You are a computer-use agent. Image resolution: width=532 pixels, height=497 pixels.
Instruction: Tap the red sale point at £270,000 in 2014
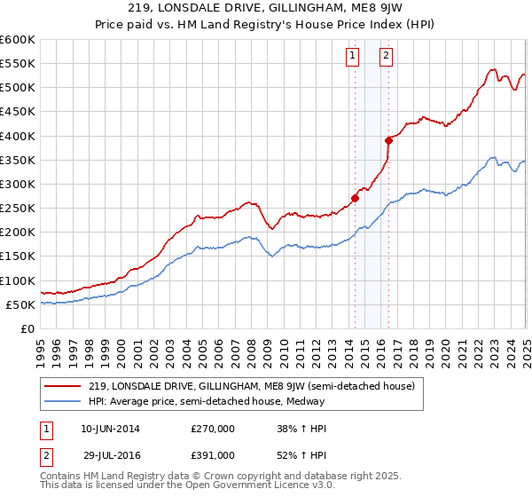355,199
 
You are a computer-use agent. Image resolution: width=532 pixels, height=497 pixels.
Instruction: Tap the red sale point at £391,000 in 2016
388,140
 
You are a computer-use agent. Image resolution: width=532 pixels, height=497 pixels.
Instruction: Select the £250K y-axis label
18,209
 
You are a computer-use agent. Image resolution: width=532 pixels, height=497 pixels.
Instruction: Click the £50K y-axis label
21,304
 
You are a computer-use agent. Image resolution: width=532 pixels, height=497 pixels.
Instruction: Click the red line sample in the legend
63,386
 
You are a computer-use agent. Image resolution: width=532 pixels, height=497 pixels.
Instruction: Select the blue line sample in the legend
63,401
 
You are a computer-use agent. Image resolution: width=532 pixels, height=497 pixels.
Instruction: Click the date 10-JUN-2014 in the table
110,428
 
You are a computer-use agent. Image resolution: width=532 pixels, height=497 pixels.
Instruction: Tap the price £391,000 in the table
213,454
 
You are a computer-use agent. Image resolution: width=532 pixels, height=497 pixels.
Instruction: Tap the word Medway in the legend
309,401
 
